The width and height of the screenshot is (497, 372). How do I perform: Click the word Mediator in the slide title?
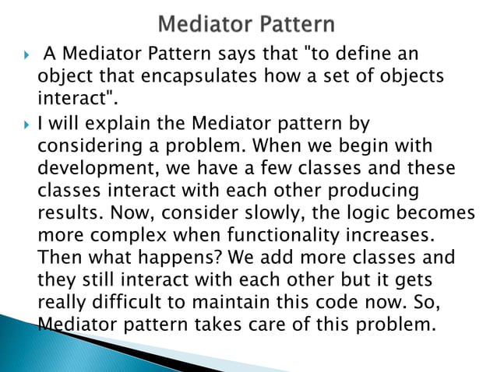pos(203,23)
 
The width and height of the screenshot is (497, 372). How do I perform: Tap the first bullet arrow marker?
pos(26,57)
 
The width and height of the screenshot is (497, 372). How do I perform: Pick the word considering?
pos(88,146)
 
